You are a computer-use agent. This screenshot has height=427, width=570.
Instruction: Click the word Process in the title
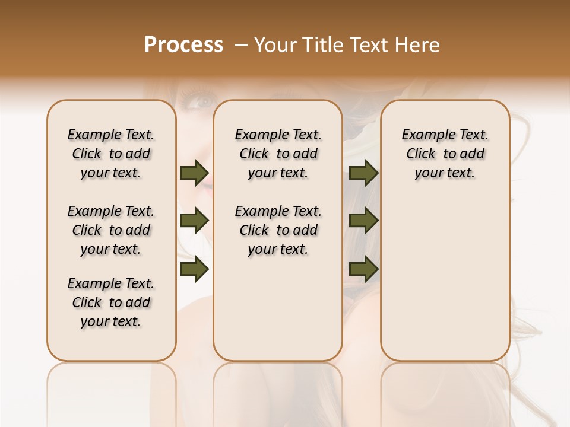183,45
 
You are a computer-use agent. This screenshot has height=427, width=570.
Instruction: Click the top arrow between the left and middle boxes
194,173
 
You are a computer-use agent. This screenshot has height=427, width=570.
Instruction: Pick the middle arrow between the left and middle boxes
194,221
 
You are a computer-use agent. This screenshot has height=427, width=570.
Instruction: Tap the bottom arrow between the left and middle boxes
194,269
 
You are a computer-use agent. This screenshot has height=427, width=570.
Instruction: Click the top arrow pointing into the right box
363,173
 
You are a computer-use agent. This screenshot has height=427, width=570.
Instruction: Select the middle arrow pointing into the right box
363,221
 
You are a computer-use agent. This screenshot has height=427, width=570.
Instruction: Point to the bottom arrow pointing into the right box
363,269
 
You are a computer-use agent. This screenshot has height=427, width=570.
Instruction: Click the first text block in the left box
111,154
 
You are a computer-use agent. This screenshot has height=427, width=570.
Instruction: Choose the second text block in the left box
111,230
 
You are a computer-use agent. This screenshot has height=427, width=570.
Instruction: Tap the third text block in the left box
111,302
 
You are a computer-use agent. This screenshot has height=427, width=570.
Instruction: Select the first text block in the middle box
278,154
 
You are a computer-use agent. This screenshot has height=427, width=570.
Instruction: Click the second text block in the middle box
278,230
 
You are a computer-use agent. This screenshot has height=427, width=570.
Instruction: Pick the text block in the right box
445,154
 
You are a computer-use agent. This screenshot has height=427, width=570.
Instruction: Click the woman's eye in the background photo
202,100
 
